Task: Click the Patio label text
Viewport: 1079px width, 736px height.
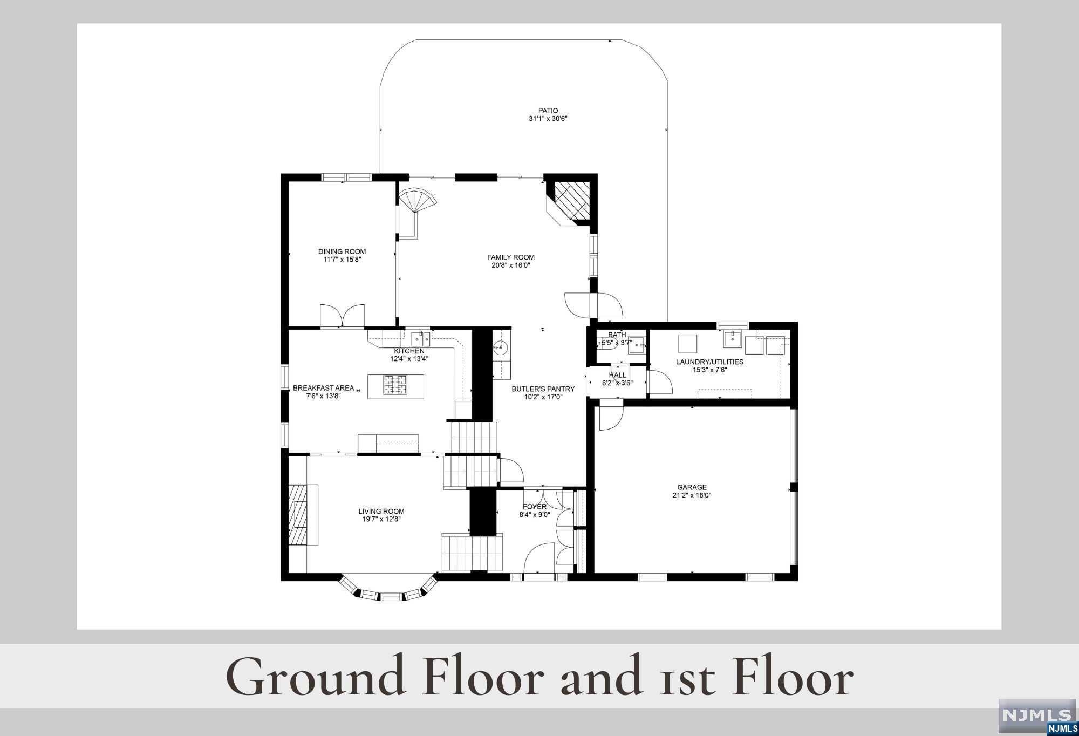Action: [548, 111]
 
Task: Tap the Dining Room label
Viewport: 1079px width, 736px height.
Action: [342, 251]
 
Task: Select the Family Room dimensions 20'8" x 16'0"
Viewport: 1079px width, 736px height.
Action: [511, 265]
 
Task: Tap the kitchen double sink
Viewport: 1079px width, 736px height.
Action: [421, 339]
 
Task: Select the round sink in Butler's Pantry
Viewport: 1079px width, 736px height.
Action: [501, 348]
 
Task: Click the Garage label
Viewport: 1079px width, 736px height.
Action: [692, 487]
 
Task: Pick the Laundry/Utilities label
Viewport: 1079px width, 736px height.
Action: [709, 362]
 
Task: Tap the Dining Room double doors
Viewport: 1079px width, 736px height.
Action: [342, 316]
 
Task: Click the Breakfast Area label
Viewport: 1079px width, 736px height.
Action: [323, 388]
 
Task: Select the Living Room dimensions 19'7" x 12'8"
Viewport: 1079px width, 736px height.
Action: [381, 520]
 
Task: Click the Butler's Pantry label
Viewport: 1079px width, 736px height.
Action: [543, 389]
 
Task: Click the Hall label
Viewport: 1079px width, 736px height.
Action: [618, 375]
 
